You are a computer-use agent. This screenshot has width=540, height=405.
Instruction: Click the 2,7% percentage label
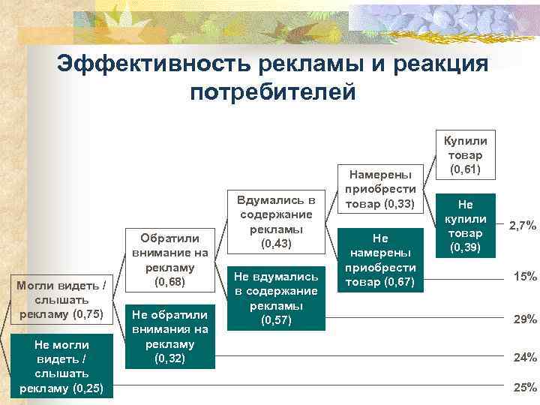[x=522, y=224]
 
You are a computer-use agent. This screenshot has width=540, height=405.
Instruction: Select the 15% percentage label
[x=524, y=277]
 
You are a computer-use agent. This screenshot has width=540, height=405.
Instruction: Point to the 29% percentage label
[x=524, y=319]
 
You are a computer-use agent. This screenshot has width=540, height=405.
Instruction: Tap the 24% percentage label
[x=524, y=358]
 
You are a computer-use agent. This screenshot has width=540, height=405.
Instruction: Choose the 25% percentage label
[x=524, y=387]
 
